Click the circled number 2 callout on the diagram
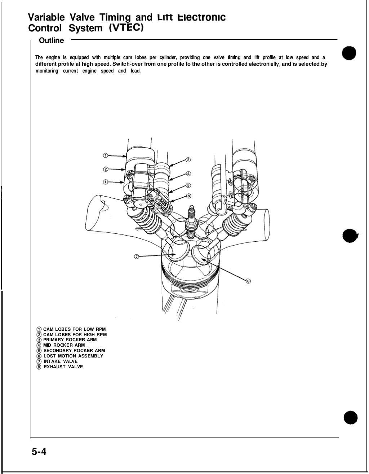coord(106,169)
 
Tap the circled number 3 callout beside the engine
coord(188,160)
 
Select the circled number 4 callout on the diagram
coord(188,173)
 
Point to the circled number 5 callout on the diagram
coord(188,185)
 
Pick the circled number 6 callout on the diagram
coord(188,196)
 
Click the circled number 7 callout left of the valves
coord(137,256)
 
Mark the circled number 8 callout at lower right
coord(248,281)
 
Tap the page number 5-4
coord(40,452)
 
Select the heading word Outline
coord(51,41)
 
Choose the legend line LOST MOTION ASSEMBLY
coord(73,356)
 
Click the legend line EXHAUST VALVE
coord(63,367)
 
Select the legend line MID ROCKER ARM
coord(64,345)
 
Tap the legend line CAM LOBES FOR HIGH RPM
coord(75,335)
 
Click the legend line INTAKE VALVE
coord(61,361)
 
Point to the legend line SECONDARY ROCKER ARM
coord(74,351)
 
